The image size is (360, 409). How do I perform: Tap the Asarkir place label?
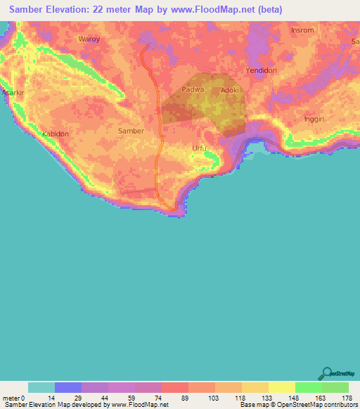(x=13, y=93)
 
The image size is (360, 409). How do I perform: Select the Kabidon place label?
(x=56, y=134)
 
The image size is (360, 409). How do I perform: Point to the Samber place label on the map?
(x=131, y=131)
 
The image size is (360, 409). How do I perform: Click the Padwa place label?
(x=193, y=89)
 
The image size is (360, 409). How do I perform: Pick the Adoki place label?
(x=231, y=90)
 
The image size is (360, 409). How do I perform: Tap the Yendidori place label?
(x=263, y=71)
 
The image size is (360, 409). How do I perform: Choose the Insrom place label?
(x=304, y=32)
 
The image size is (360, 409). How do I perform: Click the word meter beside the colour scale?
(x=11, y=398)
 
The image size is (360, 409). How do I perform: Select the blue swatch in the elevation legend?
(x=68, y=387)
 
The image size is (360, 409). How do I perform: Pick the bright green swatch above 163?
(x=308, y=387)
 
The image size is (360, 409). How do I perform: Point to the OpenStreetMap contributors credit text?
(x=319, y=405)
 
